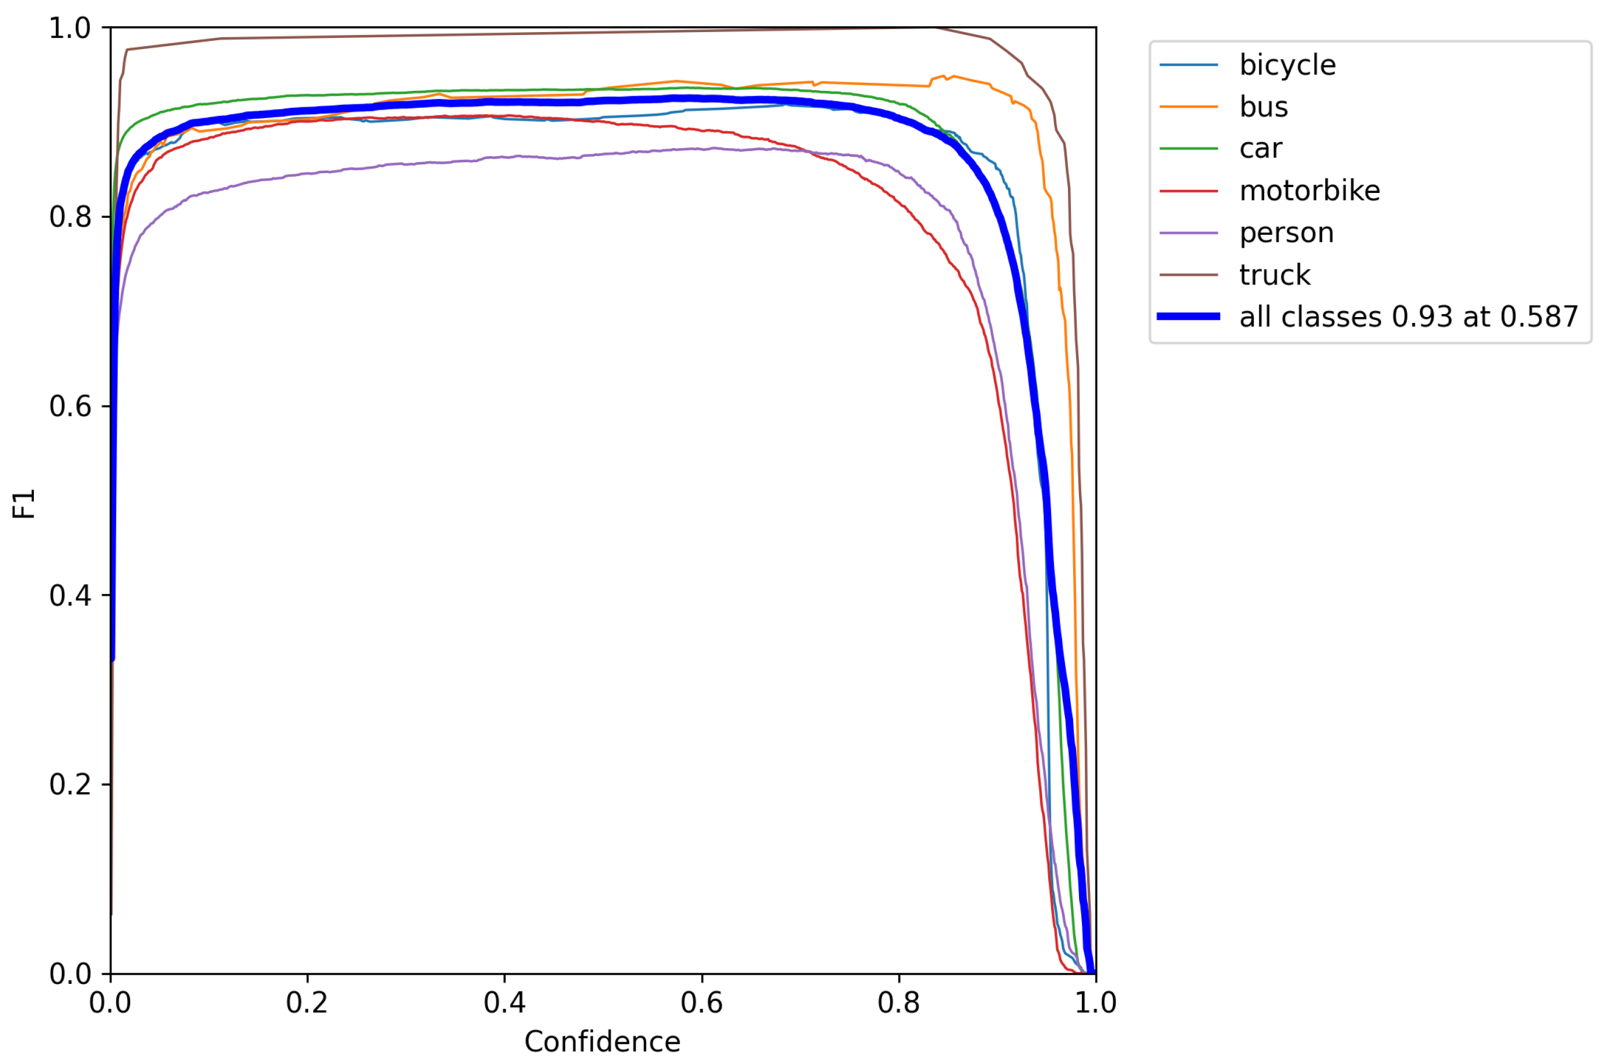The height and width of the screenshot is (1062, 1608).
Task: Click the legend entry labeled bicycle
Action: [1287, 65]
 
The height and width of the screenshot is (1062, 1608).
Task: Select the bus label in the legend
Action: [1263, 107]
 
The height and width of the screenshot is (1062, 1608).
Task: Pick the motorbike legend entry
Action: [1309, 191]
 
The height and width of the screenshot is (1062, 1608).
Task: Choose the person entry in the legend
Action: [1286, 233]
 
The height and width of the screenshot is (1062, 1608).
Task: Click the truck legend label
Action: [1274, 275]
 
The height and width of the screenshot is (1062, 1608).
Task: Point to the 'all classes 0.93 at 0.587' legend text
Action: [1408, 317]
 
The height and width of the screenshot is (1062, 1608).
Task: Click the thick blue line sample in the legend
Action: [1188, 317]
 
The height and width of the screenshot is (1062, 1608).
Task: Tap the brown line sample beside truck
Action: [1188, 275]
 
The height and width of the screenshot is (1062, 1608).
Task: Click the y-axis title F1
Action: [24, 503]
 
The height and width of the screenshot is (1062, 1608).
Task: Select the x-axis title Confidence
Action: [602, 1042]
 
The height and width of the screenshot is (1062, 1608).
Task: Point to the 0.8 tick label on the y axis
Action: [70, 217]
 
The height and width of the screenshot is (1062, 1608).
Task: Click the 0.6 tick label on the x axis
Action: [701, 1003]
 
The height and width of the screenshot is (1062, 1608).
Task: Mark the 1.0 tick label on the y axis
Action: [70, 29]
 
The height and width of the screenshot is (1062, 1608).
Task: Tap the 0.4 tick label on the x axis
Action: [504, 1003]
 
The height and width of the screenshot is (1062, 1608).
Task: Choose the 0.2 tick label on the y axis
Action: [70, 785]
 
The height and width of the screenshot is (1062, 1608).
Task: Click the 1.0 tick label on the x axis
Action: [1095, 1003]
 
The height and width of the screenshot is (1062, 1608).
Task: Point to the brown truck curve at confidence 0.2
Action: [307, 37]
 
